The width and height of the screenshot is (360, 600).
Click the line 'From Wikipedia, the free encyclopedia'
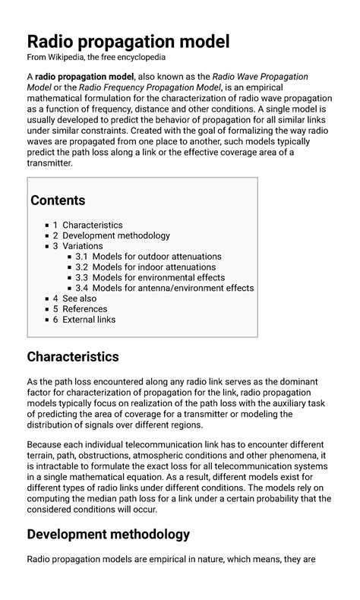[96, 58]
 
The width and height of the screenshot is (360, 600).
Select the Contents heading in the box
[58, 201]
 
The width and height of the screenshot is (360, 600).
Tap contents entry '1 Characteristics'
[87, 226]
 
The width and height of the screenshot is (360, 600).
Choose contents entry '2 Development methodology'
[111, 236]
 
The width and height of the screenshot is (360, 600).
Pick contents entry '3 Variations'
[80, 247]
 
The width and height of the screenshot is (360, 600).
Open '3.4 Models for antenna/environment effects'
[164, 289]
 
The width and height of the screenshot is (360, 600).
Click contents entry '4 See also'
[74, 299]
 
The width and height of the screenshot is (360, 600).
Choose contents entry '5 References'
[80, 310]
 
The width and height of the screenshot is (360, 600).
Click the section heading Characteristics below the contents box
[73, 357]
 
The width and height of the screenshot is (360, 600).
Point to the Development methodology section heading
[108, 535]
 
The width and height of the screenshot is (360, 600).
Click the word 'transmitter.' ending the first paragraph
[50, 163]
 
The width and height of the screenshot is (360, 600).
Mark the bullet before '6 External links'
[46, 321]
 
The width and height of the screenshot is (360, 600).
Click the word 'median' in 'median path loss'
[112, 498]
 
